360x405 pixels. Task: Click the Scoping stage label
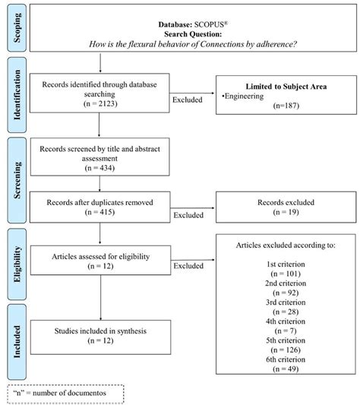click(x=14, y=27)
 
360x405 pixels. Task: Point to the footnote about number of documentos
click(x=62, y=391)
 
